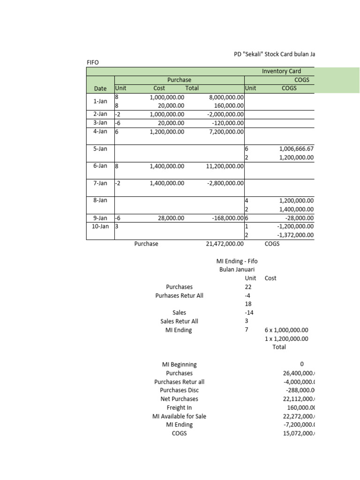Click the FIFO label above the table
(93, 62)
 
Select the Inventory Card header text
(281, 71)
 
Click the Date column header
(100, 88)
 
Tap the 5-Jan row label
(100, 149)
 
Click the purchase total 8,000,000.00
(225, 97)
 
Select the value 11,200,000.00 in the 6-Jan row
(224, 166)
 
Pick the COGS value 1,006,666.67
(296, 149)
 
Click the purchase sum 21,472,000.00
(225, 244)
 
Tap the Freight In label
(179, 407)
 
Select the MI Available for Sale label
(179, 416)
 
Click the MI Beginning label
(179, 364)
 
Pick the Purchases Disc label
(179, 390)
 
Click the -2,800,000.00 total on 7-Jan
(225, 183)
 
